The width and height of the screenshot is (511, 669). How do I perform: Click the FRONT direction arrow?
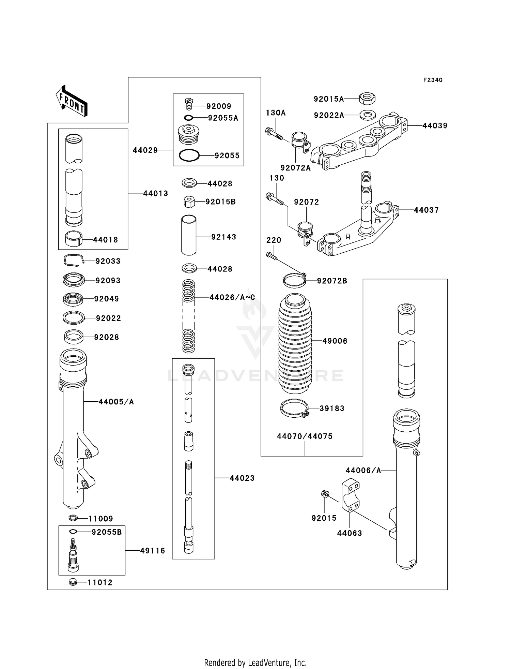tap(72, 101)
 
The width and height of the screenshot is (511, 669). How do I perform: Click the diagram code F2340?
tap(433, 80)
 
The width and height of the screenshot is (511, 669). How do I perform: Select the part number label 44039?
tap(435, 126)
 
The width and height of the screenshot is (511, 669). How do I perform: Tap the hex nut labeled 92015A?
tap(367, 99)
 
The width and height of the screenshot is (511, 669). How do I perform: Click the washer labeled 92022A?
tap(367, 115)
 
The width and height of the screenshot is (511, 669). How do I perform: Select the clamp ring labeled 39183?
tap(295, 408)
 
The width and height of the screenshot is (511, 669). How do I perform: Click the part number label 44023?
tap(242, 478)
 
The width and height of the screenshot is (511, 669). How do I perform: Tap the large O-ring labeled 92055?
tap(189, 155)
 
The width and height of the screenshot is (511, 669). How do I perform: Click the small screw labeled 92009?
tap(189, 103)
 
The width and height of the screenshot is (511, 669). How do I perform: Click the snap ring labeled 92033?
tap(73, 261)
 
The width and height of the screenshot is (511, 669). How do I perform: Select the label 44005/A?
tap(116, 402)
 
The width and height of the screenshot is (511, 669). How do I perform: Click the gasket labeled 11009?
tap(73, 518)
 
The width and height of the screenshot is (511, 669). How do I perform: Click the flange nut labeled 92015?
tap(325, 493)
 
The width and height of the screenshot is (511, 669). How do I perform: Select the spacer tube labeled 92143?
tap(189, 235)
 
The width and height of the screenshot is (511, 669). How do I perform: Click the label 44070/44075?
tap(305, 436)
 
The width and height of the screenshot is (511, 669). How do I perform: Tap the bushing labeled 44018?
tap(74, 239)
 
